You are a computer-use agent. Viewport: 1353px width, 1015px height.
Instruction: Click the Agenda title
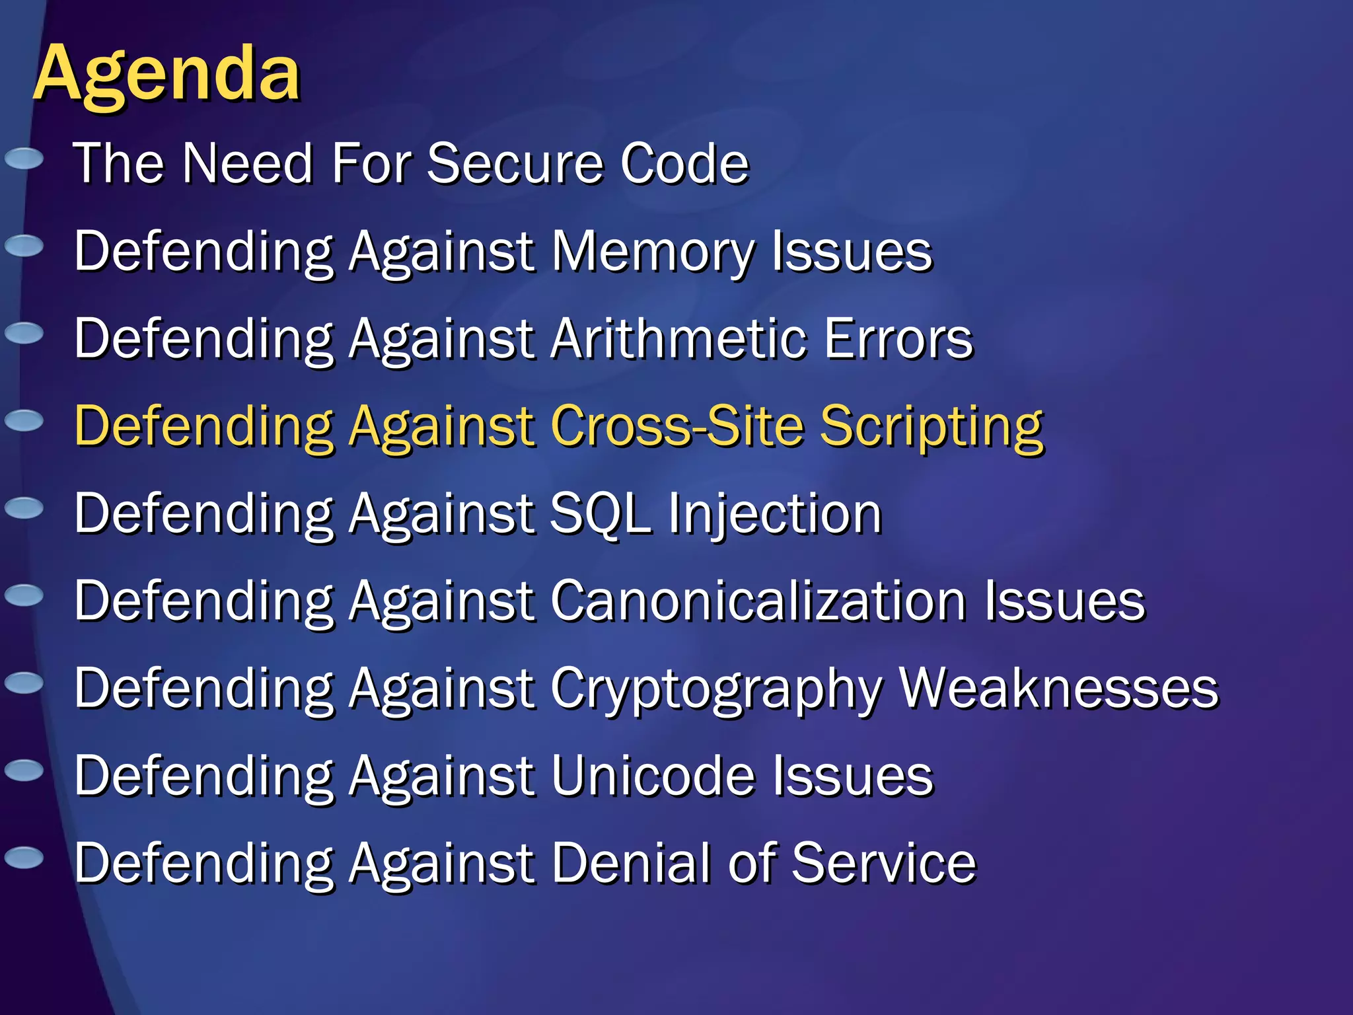coord(166,74)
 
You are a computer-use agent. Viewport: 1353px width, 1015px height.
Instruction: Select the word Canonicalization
coord(759,601)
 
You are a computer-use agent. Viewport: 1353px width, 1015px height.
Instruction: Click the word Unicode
coord(653,776)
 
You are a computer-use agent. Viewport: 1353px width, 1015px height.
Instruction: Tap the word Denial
coord(632,863)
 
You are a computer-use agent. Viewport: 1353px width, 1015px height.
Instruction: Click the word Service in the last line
coord(883,863)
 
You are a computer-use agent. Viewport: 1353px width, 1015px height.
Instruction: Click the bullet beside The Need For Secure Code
coord(24,159)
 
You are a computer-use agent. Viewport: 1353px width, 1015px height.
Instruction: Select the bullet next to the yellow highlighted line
coord(24,420)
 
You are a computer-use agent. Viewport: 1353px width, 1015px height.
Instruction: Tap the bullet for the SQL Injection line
coord(24,508)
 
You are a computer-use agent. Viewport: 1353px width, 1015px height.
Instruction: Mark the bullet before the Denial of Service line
coord(24,857)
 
